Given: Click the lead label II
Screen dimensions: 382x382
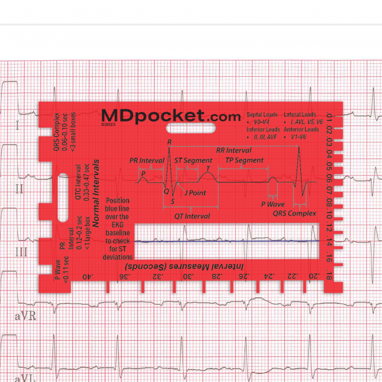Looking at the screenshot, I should (x=19, y=189).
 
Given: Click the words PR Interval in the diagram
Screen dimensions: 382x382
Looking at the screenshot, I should (x=147, y=160).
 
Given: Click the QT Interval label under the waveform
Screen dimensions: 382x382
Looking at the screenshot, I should (x=192, y=216).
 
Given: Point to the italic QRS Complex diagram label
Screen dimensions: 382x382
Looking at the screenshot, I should (x=295, y=213).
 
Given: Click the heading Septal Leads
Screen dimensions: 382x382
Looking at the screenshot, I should (x=262, y=115).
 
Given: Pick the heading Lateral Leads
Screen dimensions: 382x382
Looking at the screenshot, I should (x=300, y=115).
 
